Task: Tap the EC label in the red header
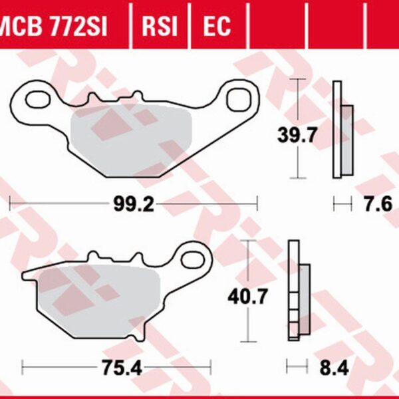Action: (217, 26)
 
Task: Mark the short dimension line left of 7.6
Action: (342, 204)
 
